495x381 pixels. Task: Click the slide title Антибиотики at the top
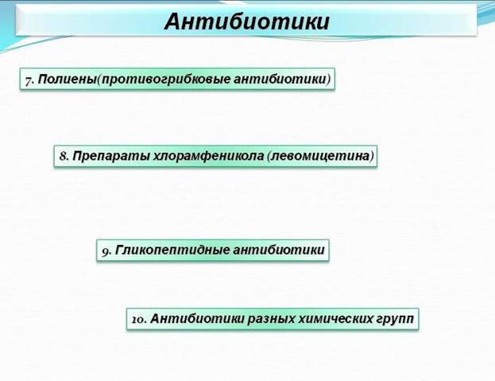coord(247,22)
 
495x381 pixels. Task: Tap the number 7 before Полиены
coord(29,80)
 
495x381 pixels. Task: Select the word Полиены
coord(67,79)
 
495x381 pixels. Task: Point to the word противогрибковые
coord(166,80)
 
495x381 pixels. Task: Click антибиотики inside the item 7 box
coord(280,79)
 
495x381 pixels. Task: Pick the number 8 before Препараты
coord(64,156)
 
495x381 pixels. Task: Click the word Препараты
coord(110,156)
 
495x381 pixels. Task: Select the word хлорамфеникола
coord(208,156)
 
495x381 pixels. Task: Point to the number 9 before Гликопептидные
coord(106,251)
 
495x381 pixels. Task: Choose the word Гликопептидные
coord(172,250)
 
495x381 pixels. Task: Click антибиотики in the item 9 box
coord(279,250)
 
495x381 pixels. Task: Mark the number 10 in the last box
coord(139,320)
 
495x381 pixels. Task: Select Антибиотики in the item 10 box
coord(198,318)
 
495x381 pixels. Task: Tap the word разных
coord(272,319)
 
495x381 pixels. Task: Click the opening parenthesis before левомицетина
coord(269,156)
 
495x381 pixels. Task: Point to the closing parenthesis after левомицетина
coord(372,156)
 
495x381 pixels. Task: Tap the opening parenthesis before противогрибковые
coord(99,80)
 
